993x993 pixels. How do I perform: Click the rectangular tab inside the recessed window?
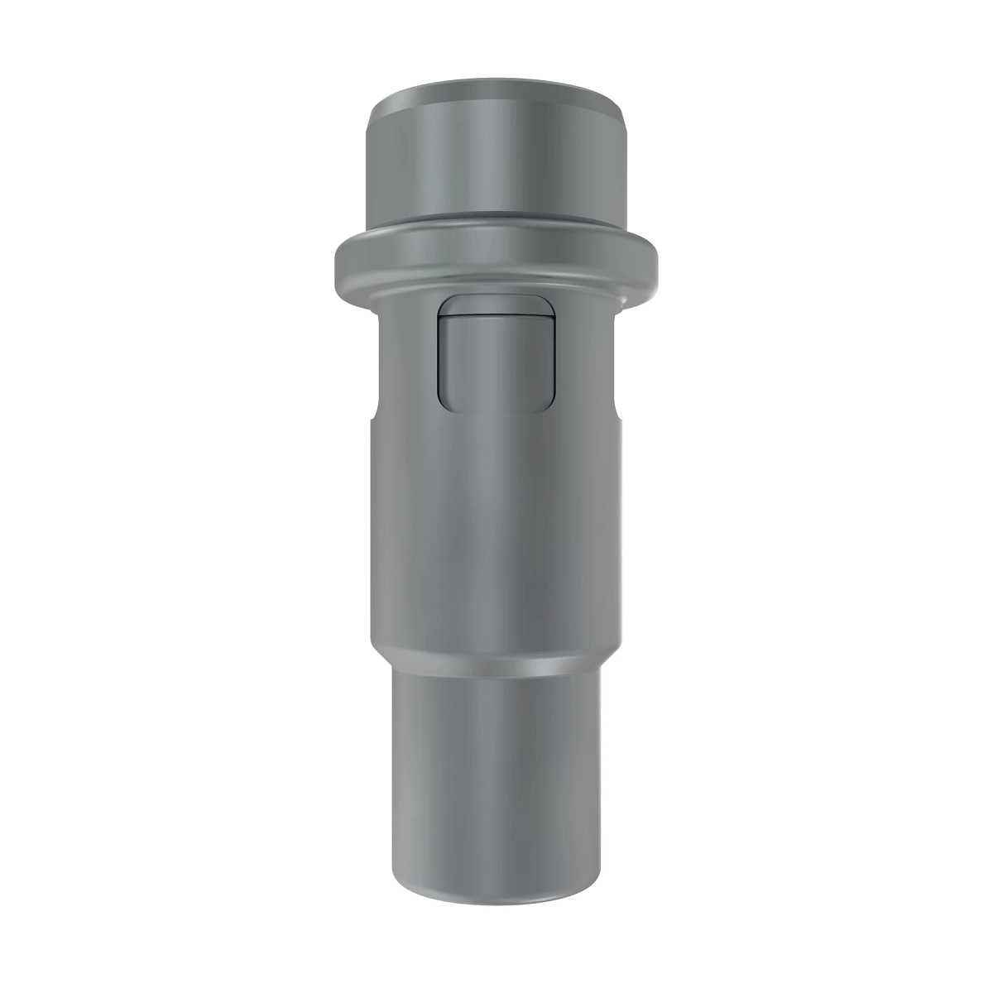(495, 360)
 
